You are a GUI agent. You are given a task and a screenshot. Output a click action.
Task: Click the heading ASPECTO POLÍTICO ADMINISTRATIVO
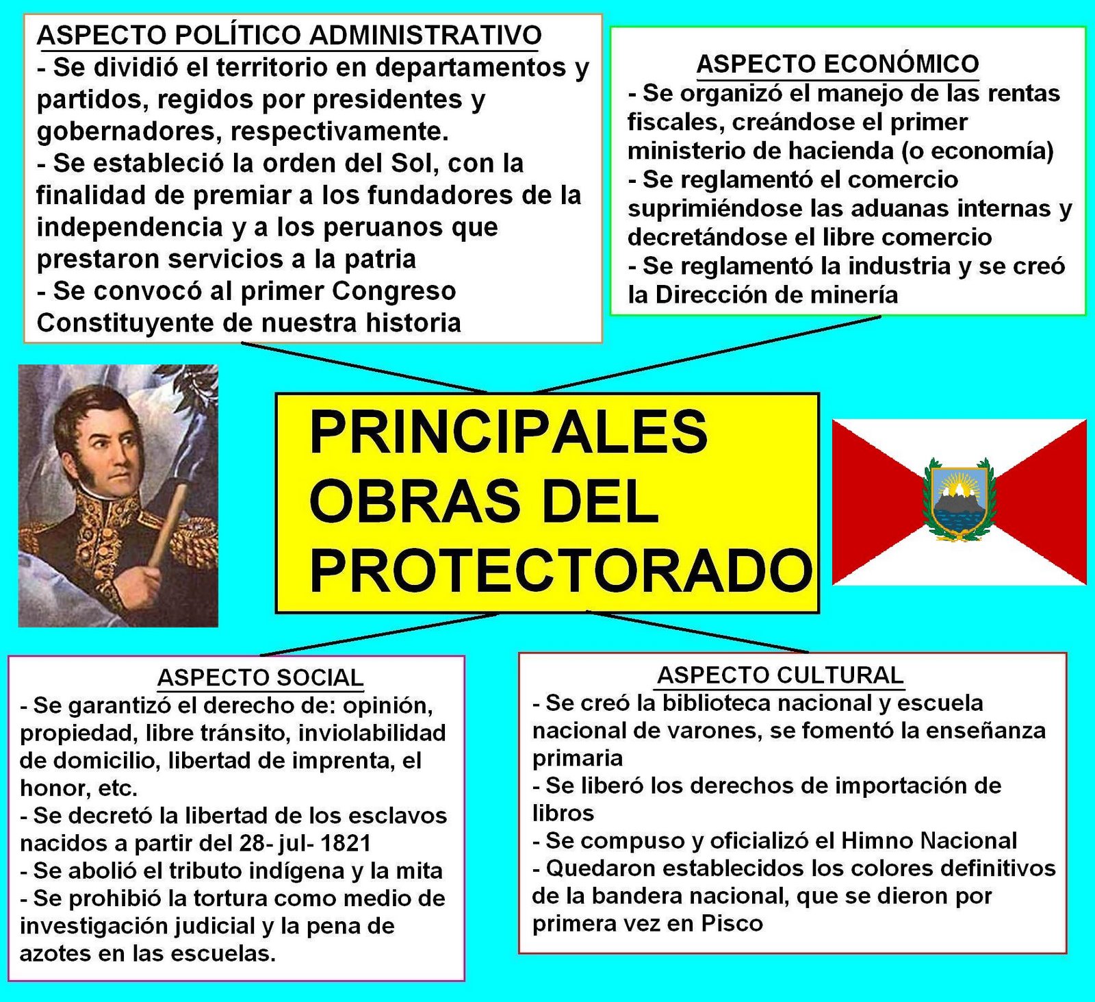[x=289, y=34]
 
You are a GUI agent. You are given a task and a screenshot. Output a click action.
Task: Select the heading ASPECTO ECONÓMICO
[x=837, y=64]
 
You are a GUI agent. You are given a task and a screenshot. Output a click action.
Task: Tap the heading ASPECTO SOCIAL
[x=260, y=677]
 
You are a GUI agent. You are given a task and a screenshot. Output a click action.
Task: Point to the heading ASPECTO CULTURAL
[x=780, y=675]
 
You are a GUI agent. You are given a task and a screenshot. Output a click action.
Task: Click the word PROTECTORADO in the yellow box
[x=560, y=571]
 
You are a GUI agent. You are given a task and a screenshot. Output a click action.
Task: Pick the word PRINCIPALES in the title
[x=508, y=431]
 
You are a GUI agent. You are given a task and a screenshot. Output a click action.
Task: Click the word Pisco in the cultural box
[x=732, y=923]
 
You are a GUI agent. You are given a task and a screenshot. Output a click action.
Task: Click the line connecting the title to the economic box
[x=705, y=354]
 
